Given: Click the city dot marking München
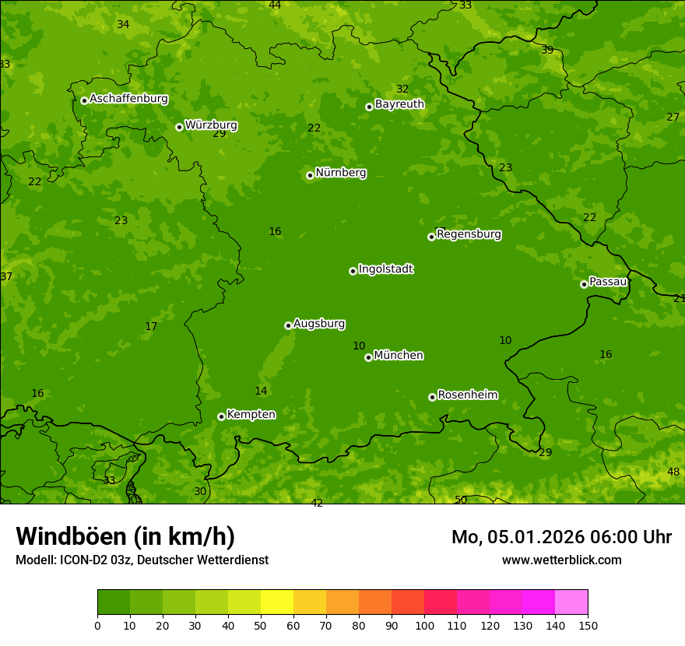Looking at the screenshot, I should click(x=368, y=357).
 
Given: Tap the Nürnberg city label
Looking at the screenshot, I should click(x=341, y=173).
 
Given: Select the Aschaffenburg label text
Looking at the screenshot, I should click(x=128, y=99).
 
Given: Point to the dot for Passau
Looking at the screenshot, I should click(x=584, y=284).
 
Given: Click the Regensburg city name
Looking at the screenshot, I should click(x=469, y=234).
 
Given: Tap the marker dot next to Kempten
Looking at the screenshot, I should click(x=221, y=416).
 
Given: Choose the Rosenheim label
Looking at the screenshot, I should click(x=467, y=395).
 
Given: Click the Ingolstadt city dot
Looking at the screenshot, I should click(x=353, y=271).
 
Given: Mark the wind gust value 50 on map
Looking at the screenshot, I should click(x=461, y=500).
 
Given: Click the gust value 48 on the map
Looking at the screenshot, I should click(x=673, y=472).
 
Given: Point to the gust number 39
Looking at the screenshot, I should click(x=547, y=50).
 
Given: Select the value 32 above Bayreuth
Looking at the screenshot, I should click(x=402, y=89).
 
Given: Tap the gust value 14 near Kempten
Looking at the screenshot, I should click(x=261, y=391).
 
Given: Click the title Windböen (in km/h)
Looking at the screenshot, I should click(x=125, y=536).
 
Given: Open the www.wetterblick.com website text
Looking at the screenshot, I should click(x=561, y=560).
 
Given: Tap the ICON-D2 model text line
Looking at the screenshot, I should click(x=142, y=560).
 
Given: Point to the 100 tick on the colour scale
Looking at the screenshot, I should click(x=424, y=625).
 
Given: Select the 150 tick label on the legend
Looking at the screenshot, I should click(x=588, y=625).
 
